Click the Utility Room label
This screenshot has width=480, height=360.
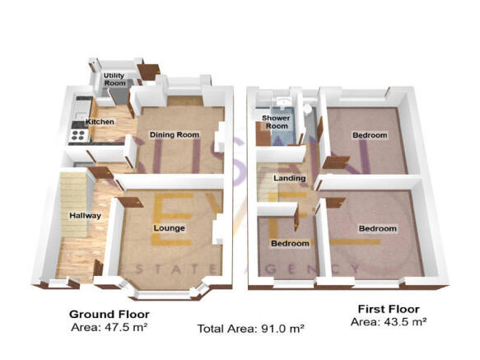(114, 80)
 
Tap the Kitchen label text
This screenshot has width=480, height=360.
(100, 122)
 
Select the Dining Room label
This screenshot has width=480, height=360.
(174, 134)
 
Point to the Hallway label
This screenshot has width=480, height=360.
(84, 216)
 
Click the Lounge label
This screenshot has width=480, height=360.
(169, 227)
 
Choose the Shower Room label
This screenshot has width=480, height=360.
(275, 122)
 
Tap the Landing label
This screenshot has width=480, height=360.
(290, 178)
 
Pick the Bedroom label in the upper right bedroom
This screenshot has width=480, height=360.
(369, 135)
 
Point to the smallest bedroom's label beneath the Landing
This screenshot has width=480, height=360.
(291, 244)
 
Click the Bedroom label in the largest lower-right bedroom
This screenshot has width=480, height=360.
(377, 228)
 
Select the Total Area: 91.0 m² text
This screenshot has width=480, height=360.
(250, 329)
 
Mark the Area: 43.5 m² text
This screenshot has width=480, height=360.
(388, 321)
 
